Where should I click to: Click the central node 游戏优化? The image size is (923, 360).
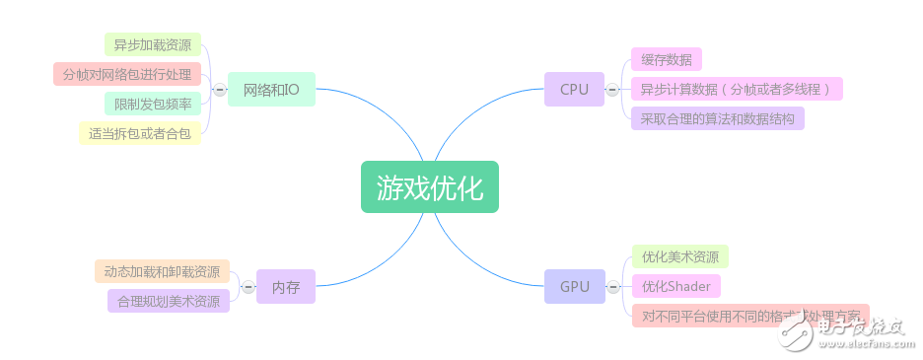click(429, 187)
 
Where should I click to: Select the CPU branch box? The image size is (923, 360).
click(574, 90)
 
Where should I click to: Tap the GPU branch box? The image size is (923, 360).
click(574, 287)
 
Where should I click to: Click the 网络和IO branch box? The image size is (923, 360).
click(271, 90)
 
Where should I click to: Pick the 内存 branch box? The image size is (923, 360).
click(286, 287)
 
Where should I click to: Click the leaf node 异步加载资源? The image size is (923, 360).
click(152, 44)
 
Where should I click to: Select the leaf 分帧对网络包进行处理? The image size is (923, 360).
click(126, 74)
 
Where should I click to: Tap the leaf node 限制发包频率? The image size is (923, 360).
click(152, 104)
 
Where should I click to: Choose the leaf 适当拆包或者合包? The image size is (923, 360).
click(139, 133)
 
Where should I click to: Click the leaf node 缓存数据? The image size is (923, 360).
click(666, 59)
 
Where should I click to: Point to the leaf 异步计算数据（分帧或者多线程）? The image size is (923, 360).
click(737, 89)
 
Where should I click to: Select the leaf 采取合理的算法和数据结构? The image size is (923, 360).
click(717, 118)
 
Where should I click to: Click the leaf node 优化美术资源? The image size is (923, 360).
click(678, 256)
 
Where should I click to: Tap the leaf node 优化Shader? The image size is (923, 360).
click(675, 286)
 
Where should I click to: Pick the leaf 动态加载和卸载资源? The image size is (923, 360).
click(162, 271)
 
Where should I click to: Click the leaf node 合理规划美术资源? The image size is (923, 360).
click(169, 301)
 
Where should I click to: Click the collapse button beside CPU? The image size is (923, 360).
click(612, 90)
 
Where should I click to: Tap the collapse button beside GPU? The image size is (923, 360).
click(612, 287)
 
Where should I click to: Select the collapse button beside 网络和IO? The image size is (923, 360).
click(219, 90)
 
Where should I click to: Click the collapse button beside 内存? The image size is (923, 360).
click(248, 287)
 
